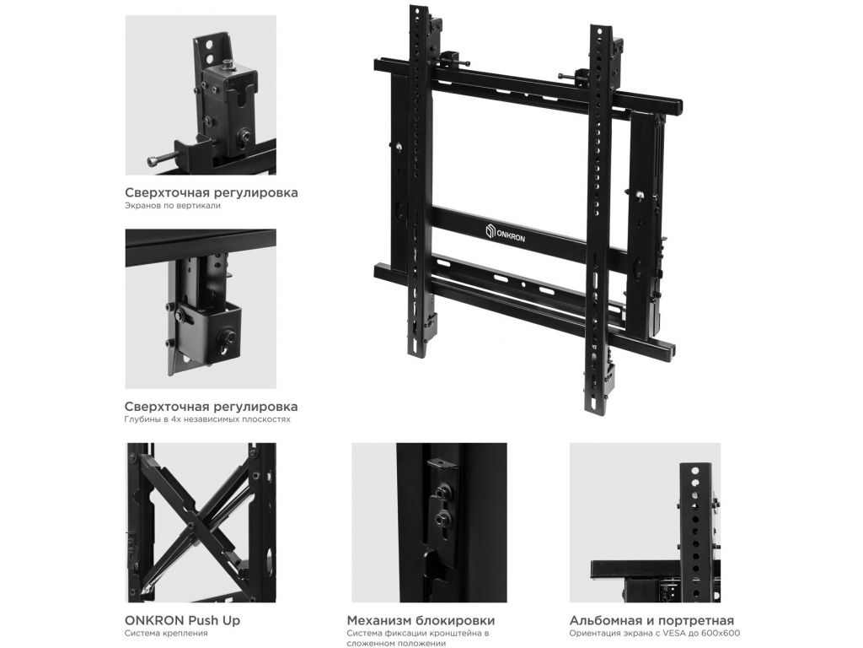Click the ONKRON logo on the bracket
coord(506,233)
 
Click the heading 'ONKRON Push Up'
coord(182,620)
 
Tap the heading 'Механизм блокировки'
coord(421,621)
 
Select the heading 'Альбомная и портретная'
coord(651,621)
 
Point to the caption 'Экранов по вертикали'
coord(172,206)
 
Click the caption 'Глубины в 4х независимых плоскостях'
coord(207,419)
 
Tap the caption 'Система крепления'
coord(166,634)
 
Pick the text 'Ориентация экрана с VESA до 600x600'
coord(655,634)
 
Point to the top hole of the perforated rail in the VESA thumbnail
coord(695,472)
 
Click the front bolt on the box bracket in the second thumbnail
coord(226,336)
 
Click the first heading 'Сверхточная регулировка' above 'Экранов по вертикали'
coord(212,193)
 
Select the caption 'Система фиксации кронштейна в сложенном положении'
coord(418,639)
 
